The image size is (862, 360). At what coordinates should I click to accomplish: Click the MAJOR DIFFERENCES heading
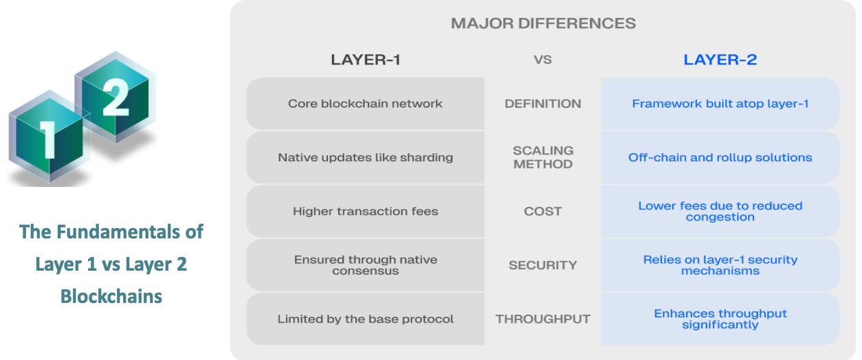click(x=543, y=23)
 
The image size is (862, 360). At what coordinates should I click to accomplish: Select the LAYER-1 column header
click(x=366, y=60)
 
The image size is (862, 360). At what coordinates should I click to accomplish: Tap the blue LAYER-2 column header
click(x=720, y=60)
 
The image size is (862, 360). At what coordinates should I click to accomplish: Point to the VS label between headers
click(x=542, y=60)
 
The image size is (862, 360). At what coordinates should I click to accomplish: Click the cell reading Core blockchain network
click(x=365, y=104)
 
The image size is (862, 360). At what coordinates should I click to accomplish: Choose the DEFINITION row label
click(x=543, y=104)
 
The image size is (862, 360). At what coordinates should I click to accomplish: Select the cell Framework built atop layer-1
click(x=720, y=104)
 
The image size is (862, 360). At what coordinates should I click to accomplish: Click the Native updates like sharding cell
click(x=365, y=157)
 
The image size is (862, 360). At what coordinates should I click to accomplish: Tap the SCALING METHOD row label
click(x=543, y=157)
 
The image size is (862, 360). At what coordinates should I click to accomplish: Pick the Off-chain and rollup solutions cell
click(x=720, y=157)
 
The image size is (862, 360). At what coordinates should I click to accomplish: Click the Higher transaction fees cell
click(x=365, y=211)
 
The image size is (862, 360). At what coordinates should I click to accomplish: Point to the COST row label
click(x=543, y=211)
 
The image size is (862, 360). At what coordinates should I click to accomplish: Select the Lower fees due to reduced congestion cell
click(x=720, y=211)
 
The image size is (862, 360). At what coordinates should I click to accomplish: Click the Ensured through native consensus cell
click(x=365, y=265)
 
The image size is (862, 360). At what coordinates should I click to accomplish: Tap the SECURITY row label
click(x=543, y=265)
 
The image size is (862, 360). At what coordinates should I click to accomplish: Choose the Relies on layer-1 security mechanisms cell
click(x=720, y=265)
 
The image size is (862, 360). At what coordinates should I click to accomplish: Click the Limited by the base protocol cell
click(x=365, y=319)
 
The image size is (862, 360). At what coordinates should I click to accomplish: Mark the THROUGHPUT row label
click(x=543, y=319)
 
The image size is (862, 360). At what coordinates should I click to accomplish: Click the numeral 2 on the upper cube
click(x=115, y=97)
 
